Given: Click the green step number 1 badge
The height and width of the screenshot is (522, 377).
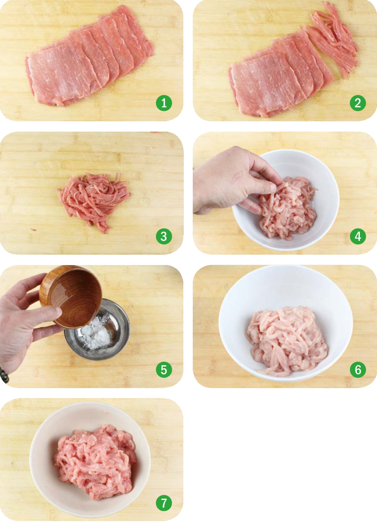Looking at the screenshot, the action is (x=164, y=103).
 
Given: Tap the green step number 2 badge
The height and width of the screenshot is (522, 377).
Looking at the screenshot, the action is (x=358, y=103).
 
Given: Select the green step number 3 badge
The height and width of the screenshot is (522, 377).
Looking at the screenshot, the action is (x=164, y=236).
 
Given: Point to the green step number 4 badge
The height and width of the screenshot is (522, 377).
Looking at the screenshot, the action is (x=358, y=236).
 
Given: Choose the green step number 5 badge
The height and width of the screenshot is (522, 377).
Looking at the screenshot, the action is (x=164, y=370).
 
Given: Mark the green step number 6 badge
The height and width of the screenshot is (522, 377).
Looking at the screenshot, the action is (x=358, y=370).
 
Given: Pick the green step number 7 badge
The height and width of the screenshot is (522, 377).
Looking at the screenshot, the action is (x=164, y=503).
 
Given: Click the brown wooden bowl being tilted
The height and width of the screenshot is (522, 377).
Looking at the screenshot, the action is (x=71, y=296).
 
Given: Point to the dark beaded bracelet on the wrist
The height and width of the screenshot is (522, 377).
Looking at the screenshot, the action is (x=4, y=375).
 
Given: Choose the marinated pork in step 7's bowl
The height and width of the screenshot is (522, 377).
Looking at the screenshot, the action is (x=96, y=461).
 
